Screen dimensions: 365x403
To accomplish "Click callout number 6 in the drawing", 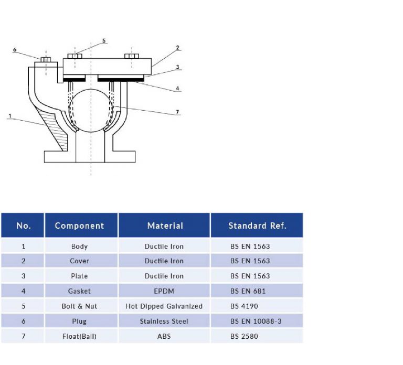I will [15, 50].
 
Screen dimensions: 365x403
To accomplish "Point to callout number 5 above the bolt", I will [103, 40].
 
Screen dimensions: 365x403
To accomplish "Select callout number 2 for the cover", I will [178, 48].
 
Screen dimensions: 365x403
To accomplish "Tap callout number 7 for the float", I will [177, 112].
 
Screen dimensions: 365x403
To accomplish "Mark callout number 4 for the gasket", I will [178, 88].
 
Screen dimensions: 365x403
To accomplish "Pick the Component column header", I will [80, 226].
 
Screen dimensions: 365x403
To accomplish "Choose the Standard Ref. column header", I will [257, 226].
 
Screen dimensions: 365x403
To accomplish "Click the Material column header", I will [165, 226].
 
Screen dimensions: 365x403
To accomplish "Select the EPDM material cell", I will [164, 291].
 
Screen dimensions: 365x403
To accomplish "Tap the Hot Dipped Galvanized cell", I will [164, 306].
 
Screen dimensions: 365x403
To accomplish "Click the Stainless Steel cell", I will [164, 321].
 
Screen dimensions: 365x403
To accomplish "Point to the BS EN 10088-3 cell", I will [256, 321].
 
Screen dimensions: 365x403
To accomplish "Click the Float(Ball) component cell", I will [79, 336].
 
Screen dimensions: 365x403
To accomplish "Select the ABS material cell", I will [164, 336].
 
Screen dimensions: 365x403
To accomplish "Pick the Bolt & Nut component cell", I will [79, 306].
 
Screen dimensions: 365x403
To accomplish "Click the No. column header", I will [23, 226].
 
